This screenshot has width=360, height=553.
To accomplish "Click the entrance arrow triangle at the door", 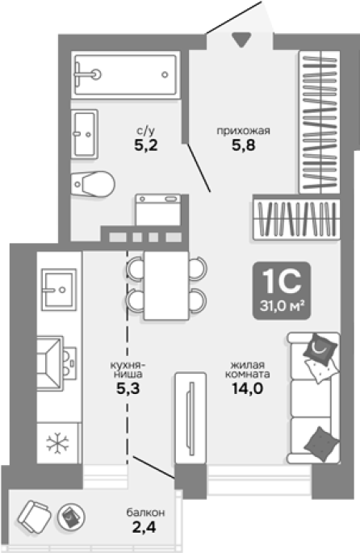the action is click(242, 40).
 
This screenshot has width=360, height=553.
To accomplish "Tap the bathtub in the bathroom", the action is click(125, 74).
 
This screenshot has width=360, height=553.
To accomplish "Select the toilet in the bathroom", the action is click(93, 183).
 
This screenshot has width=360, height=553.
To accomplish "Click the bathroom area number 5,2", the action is click(146, 145).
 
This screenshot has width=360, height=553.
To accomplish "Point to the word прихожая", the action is click(243, 132).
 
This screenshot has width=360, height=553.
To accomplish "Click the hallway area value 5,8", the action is click(243, 145).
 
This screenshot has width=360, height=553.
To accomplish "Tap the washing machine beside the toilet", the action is click(159, 209).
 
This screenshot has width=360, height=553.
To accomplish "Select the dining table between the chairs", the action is click(166, 285).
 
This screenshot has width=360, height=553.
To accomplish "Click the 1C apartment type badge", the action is click(282, 291).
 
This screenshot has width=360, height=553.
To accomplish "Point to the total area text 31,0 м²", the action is click(282, 306).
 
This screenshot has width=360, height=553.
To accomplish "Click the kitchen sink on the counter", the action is click(59, 290).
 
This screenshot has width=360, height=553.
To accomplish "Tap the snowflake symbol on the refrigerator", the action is click(58, 443).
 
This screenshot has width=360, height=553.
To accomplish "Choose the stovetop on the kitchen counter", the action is click(57, 363).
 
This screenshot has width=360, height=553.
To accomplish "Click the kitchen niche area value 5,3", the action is click(128, 388).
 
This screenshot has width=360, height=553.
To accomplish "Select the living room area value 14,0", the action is click(247, 388).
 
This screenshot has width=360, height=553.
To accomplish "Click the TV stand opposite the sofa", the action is click(190, 418).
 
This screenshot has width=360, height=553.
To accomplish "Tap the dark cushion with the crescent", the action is click(320, 349).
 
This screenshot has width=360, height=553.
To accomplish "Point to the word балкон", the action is click(146, 512).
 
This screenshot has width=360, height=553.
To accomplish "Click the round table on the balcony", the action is click(71, 517).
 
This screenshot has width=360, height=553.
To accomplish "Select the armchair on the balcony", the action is click(34, 517).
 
